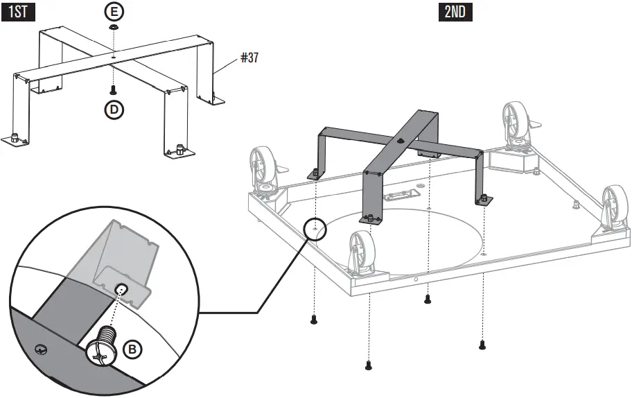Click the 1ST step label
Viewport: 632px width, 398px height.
(x=17, y=12)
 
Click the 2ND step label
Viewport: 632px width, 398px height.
(x=455, y=12)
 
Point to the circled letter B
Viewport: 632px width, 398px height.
(x=133, y=349)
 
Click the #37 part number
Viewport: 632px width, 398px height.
(x=249, y=58)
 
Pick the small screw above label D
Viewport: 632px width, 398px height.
(x=112, y=89)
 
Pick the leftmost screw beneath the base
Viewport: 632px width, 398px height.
(x=313, y=320)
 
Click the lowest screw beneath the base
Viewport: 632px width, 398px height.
(x=368, y=364)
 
